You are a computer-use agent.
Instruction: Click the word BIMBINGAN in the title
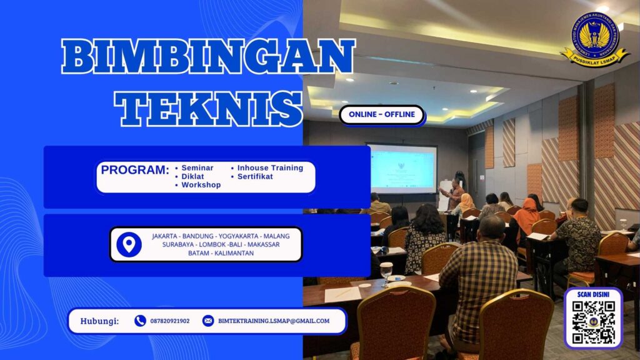(x=208, y=57)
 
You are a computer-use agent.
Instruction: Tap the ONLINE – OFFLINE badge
(x=382, y=115)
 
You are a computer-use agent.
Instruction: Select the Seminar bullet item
(x=197, y=167)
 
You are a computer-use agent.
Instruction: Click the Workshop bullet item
(x=201, y=185)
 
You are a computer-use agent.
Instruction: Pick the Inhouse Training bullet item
(x=269, y=167)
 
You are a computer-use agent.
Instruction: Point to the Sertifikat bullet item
(x=255, y=176)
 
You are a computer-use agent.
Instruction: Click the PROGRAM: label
(x=135, y=170)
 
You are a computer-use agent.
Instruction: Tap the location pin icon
(x=129, y=244)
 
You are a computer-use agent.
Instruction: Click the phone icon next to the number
(x=140, y=321)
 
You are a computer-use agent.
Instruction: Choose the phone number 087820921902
(x=170, y=321)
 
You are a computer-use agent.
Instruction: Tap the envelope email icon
(x=208, y=321)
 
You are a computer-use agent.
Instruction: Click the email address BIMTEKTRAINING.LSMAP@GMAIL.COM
(x=274, y=321)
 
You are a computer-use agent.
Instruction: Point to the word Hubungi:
(x=99, y=321)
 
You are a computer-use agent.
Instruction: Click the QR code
(x=594, y=322)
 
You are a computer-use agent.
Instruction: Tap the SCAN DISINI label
(x=593, y=295)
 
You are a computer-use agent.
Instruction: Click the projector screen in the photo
(x=402, y=169)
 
